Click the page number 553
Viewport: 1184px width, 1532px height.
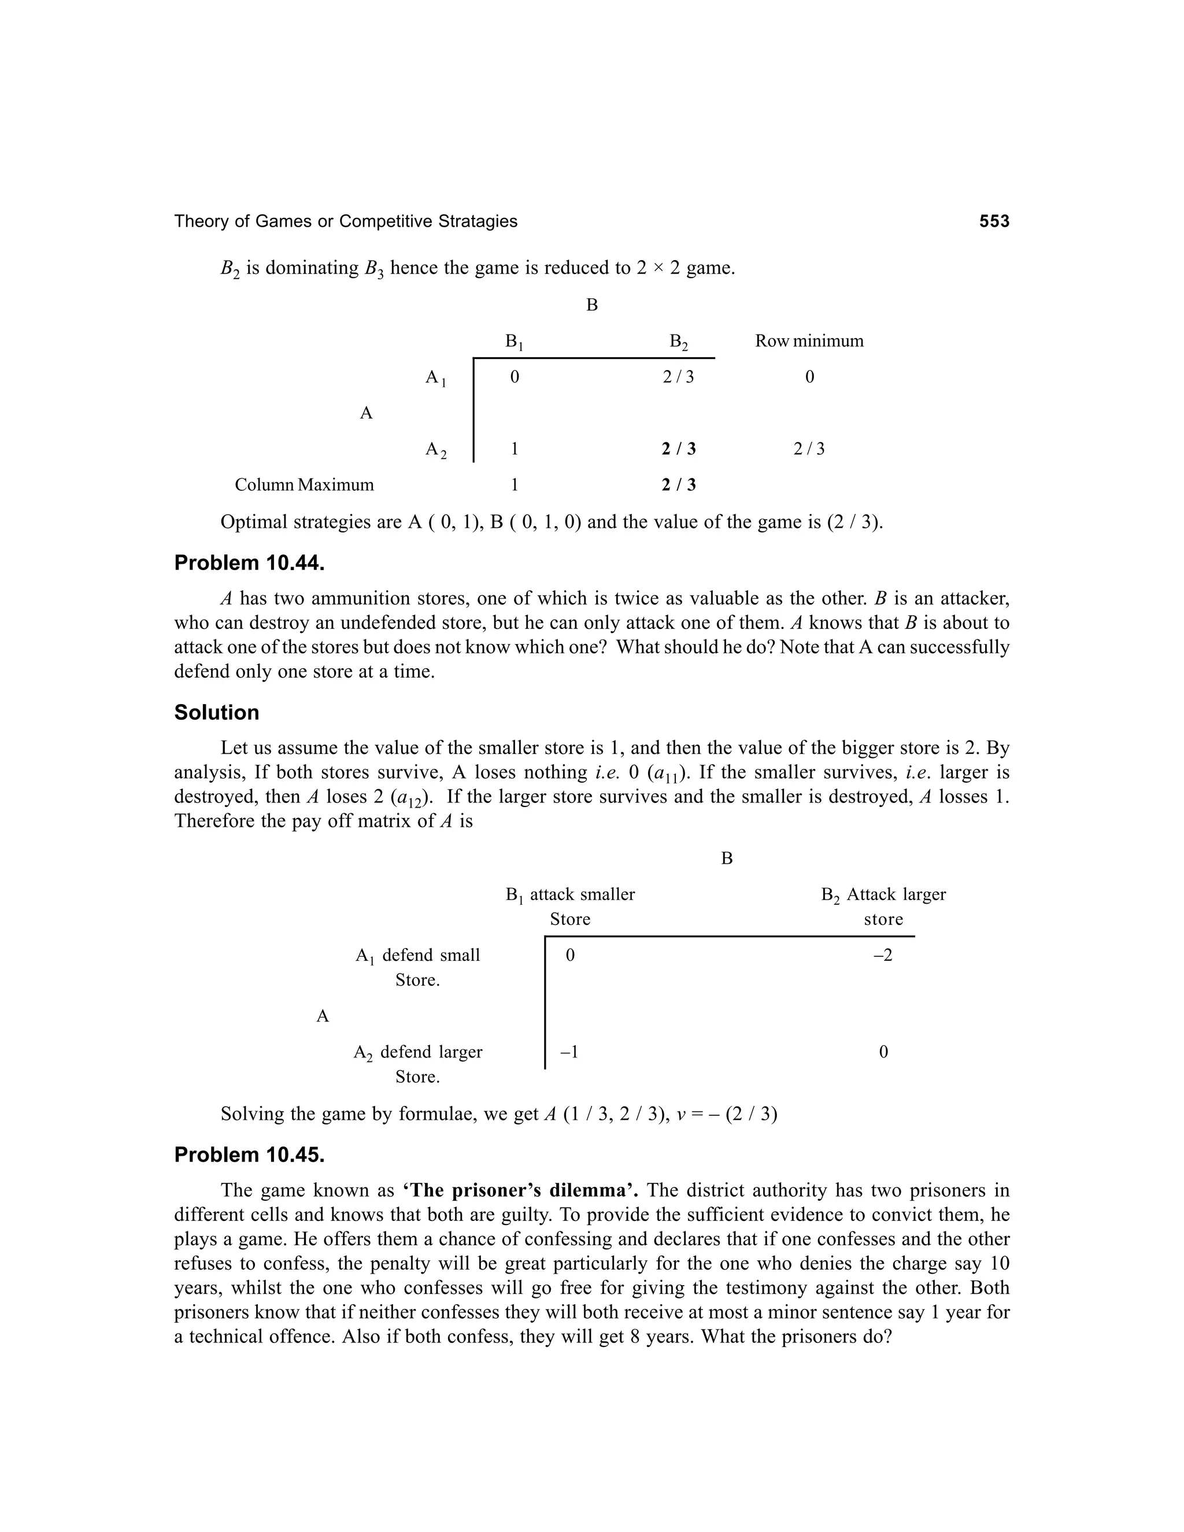coord(994,221)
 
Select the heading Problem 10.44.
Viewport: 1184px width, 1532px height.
coord(249,563)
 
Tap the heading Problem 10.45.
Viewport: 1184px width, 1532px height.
coord(249,1154)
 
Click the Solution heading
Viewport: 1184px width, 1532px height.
coord(217,713)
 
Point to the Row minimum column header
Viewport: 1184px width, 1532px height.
coord(809,341)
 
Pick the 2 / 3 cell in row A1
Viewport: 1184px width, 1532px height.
coord(678,378)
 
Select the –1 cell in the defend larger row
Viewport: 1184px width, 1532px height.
coord(569,1052)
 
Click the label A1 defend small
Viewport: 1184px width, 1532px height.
coord(417,956)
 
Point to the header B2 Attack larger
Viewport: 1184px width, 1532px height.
coord(883,895)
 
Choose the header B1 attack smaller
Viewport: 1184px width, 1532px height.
coord(569,895)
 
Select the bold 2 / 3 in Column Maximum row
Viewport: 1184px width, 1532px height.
coord(678,484)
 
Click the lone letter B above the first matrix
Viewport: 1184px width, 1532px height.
coord(591,305)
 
